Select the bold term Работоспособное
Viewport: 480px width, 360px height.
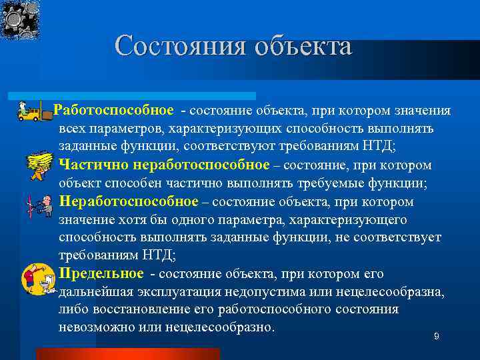coord(114,110)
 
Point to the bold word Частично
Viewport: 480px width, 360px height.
coord(93,165)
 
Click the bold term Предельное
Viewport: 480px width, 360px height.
coord(101,274)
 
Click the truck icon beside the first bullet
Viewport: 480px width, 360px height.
coord(33,112)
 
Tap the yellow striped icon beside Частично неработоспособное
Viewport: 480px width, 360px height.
coord(38,164)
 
